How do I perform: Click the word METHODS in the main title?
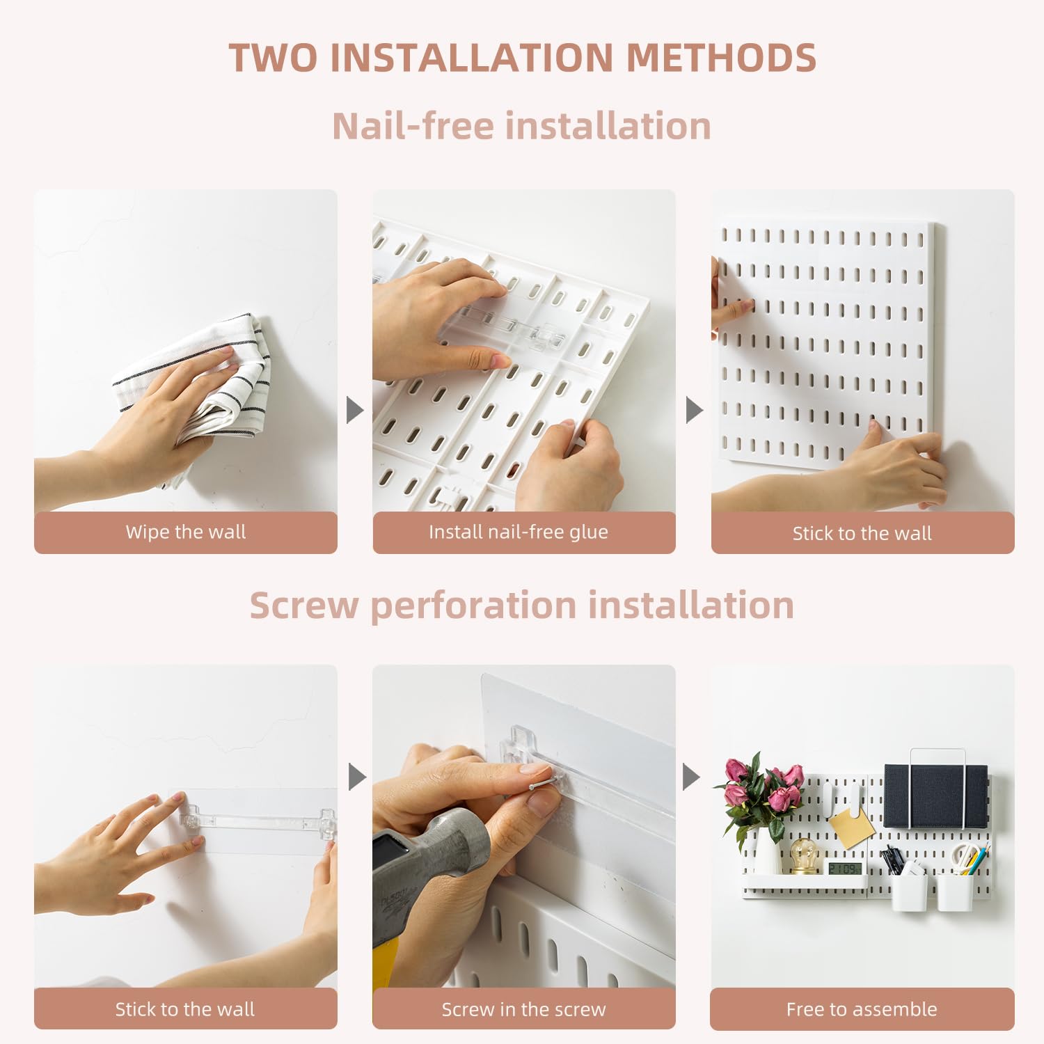pos(721,58)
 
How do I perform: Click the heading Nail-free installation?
pos(521,126)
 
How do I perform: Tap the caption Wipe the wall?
pos(185,532)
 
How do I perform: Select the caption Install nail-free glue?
pos(519,532)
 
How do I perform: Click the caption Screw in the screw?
pos(523,1009)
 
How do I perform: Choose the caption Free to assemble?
pos(862,1009)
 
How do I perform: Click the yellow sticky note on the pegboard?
pos(851,826)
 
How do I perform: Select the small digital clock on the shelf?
pos(843,869)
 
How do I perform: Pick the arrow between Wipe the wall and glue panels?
pos(355,410)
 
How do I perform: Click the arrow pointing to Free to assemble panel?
pos(690,777)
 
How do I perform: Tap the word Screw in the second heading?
pos(303,605)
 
